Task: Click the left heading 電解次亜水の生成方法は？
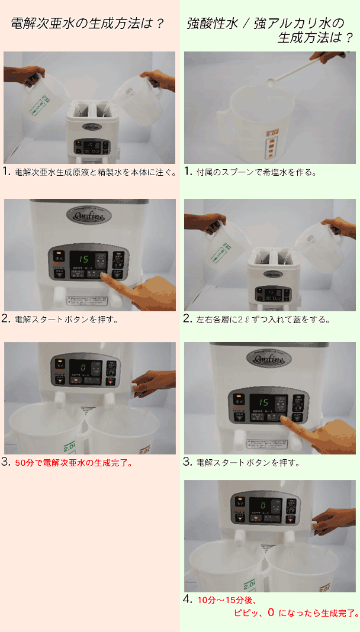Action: point(88,24)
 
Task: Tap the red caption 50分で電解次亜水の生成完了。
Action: point(73,463)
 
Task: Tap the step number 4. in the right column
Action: point(188,599)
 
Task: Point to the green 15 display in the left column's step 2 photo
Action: point(83,260)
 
